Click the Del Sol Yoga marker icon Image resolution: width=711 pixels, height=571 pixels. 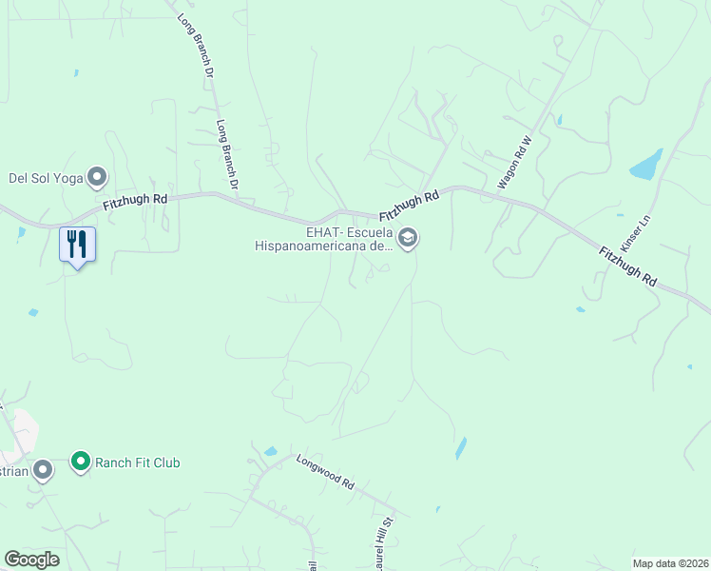click(x=96, y=176)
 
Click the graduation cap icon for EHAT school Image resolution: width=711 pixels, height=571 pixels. click(x=408, y=237)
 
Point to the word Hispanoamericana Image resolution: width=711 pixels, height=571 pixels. click(x=311, y=245)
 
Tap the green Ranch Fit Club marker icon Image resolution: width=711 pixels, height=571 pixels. click(x=81, y=463)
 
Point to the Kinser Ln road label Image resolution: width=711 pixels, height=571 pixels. click(x=633, y=232)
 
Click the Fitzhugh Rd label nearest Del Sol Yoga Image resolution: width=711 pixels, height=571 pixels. click(x=135, y=200)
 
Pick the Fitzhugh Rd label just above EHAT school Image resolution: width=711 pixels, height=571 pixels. click(x=410, y=205)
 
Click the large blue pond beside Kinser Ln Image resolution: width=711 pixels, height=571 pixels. click(x=646, y=164)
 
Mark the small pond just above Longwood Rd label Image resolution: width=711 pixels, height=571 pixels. click(x=272, y=451)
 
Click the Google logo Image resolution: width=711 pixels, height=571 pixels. click(x=31, y=560)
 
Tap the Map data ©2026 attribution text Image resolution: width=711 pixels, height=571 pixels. click(x=670, y=562)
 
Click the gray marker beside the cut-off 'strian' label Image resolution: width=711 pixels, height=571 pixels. click(x=43, y=469)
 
